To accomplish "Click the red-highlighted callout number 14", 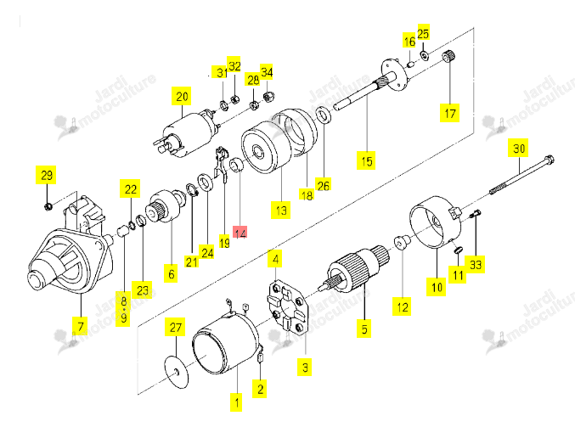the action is coord(240,233).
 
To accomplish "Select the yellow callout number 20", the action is coord(182,97).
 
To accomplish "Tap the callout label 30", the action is coord(518,148).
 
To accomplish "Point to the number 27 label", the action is coord(175,327).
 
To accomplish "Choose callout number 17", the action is coord(449,113).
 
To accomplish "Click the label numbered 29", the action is coord(47,175).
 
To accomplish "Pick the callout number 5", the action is coord(364,329).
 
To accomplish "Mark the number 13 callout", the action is coord(281,210).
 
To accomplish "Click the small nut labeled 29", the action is coord(48,207).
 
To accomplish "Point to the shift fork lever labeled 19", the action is coord(221,163).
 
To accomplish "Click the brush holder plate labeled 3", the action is coord(287,309).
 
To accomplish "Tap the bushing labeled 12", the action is coord(402,242).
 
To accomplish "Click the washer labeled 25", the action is coord(425,56).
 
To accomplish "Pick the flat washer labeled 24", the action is coord(206,183).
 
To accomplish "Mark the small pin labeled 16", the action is coord(411,65).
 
